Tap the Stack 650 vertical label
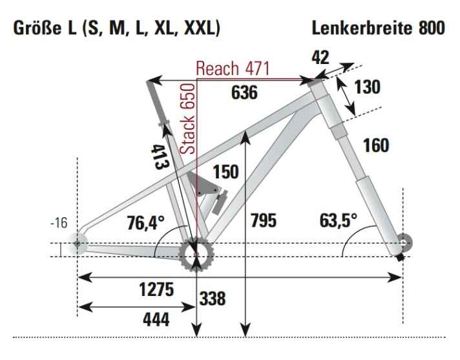click(x=187, y=118)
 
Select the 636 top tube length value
click(x=244, y=93)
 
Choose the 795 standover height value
click(x=262, y=220)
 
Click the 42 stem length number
click(x=320, y=58)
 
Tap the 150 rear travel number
click(x=225, y=171)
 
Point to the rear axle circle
click(x=78, y=243)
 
